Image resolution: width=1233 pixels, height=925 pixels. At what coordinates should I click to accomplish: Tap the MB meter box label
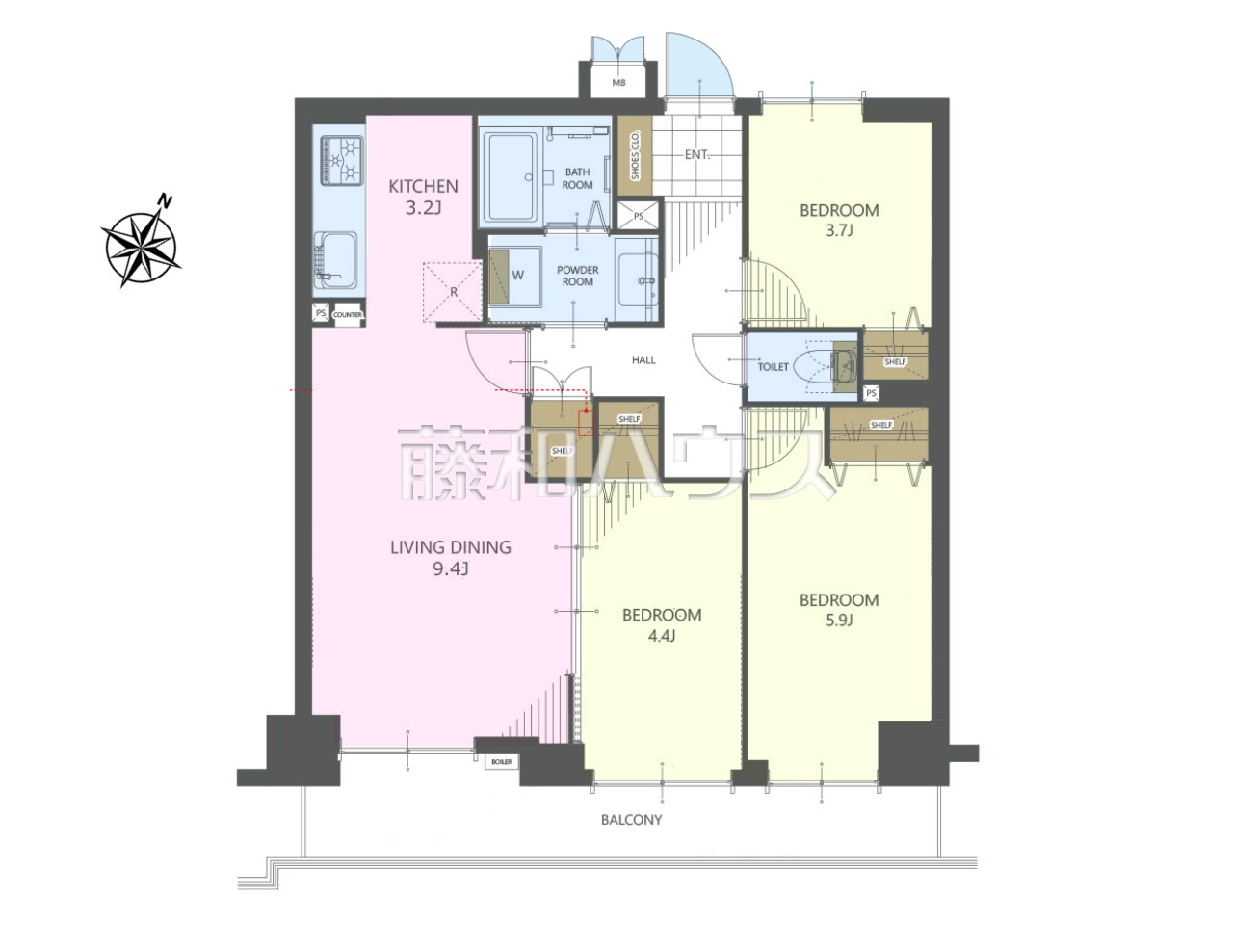tap(618, 83)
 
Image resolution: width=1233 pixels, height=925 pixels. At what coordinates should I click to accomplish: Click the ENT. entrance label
tap(697, 154)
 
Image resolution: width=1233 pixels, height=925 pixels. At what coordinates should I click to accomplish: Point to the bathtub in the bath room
tap(509, 177)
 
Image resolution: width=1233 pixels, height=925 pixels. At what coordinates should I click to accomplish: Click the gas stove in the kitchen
tap(341, 161)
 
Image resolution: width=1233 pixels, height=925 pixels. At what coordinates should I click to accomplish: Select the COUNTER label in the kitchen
tap(348, 314)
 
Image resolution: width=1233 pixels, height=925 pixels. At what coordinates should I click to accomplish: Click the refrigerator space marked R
tap(453, 292)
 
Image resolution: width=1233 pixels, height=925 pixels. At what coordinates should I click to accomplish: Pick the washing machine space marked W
tap(515, 276)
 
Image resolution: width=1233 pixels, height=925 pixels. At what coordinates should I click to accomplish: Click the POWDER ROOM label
tap(577, 276)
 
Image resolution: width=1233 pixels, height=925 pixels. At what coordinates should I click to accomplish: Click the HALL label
tap(643, 360)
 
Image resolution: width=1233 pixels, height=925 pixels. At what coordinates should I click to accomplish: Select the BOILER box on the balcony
tap(502, 762)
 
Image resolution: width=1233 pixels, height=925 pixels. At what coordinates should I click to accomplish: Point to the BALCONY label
tap(631, 820)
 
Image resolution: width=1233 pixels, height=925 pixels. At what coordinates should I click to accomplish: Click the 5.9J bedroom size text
tap(839, 621)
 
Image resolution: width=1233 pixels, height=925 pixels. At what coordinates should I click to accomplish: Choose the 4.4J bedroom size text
tap(662, 636)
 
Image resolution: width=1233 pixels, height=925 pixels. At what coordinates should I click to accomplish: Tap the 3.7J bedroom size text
tap(839, 230)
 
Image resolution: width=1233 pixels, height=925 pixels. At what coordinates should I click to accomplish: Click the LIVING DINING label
tap(451, 547)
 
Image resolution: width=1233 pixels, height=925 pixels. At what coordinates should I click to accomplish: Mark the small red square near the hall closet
tap(586, 423)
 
